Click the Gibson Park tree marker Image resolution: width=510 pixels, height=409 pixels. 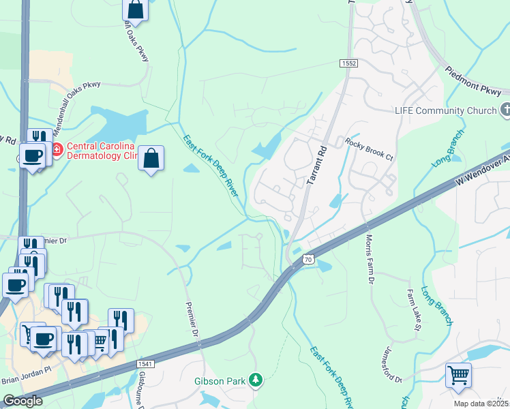tap(256, 380)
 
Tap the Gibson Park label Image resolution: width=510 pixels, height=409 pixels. tap(220, 381)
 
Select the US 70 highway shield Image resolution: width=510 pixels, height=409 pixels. tap(307, 259)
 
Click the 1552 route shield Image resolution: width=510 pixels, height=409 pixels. tap(349, 63)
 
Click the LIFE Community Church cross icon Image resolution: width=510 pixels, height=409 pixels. tap(505, 109)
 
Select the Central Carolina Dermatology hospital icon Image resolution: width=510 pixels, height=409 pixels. tap(56, 149)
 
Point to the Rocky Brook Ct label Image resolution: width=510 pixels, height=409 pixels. tap(369, 149)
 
